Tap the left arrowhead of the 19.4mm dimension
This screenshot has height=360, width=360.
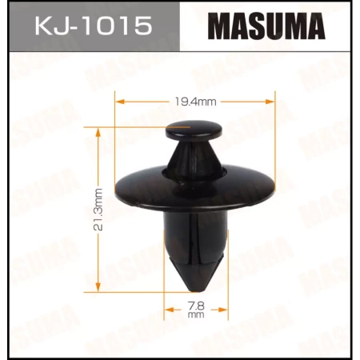121,102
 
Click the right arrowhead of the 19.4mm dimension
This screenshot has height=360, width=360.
271,102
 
